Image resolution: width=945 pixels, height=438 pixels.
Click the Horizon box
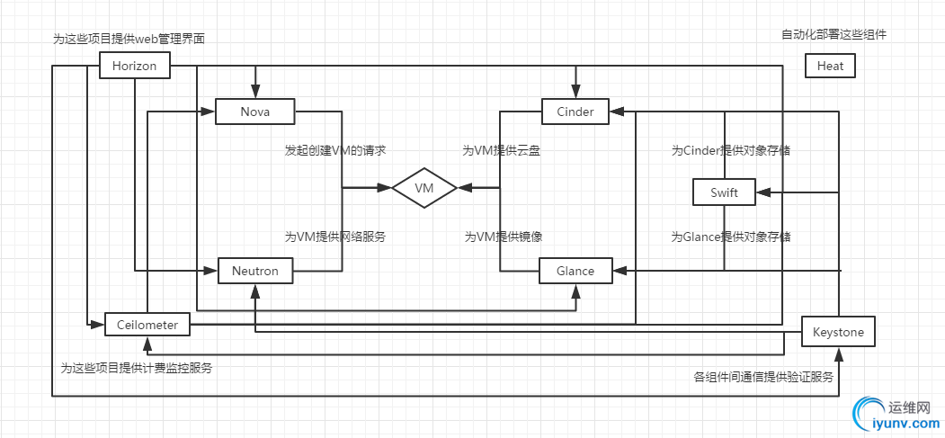point(134,66)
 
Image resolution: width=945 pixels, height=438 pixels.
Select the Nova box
point(255,112)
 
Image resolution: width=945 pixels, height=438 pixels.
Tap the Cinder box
point(575,112)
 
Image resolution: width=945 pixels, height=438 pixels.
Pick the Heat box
point(830,66)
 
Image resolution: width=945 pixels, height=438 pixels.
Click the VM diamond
point(424,188)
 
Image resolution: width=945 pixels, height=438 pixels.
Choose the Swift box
point(724,192)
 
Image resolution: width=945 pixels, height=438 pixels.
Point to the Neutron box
point(255,270)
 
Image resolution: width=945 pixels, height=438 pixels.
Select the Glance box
point(575,270)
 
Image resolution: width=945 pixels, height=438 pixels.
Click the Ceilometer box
point(147,324)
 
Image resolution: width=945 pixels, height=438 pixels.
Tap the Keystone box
point(838,332)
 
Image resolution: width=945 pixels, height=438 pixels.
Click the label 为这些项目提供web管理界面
point(135,39)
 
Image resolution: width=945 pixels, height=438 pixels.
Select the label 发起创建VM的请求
point(335,150)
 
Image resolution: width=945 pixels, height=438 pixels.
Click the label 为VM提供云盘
point(502,150)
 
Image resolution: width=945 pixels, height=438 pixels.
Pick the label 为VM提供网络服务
point(335,237)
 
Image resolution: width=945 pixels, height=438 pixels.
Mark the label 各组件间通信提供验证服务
point(763,377)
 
